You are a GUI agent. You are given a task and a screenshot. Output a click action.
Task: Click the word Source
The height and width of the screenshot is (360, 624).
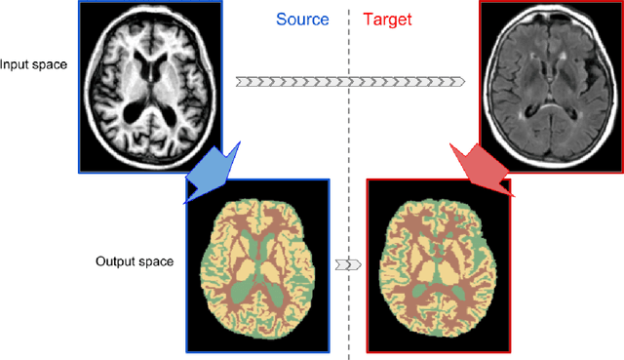point(302,19)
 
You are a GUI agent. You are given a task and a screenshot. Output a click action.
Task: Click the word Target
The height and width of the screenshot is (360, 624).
point(387,19)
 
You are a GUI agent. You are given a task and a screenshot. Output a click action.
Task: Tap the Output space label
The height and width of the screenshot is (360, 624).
point(135,261)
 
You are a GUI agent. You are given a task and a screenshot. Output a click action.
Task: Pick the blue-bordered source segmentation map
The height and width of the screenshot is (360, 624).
point(258,265)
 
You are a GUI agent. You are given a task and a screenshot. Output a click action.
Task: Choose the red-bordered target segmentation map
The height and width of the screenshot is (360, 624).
point(440,265)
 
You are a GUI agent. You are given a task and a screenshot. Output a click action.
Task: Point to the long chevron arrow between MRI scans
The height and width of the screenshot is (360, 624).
point(350,83)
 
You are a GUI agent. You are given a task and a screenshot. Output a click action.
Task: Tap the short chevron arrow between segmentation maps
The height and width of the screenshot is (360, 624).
point(348,263)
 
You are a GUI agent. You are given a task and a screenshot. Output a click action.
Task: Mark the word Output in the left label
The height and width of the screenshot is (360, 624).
point(113,261)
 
